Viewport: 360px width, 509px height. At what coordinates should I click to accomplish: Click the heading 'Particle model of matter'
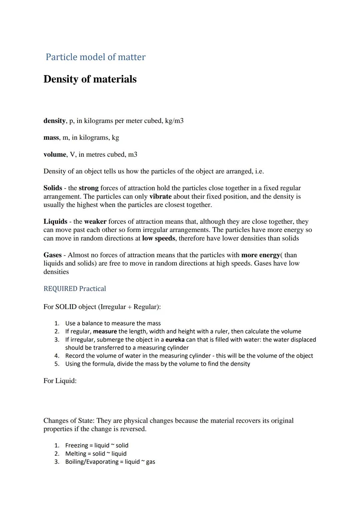point(95,57)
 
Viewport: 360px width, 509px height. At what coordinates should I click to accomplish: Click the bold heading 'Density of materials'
point(90,79)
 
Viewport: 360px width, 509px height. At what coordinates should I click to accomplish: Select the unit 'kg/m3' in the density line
point(174,121)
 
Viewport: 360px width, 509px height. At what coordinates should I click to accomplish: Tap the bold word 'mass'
point(51,137)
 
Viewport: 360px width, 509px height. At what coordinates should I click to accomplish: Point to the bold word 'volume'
point(55,154)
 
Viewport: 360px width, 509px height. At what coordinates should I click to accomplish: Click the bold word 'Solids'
point(53,188)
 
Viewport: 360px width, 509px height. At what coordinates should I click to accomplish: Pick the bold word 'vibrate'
point(160,196)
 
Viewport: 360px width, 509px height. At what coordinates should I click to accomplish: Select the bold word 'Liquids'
point(55,222)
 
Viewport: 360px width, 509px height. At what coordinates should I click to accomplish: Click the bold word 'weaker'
point(95,222)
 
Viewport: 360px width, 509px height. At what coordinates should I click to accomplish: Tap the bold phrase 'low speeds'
point(158,238)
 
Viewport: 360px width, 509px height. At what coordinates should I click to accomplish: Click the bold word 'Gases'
point(52,255)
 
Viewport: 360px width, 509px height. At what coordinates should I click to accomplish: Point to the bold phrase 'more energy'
point(260,255)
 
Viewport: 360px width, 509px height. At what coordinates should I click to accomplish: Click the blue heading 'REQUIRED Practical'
point(75,289)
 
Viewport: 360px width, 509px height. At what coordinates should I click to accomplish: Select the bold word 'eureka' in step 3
point(175,340)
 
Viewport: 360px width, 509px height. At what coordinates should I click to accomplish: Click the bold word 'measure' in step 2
point(105,331)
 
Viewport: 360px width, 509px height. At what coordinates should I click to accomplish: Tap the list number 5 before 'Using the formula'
point(57,364)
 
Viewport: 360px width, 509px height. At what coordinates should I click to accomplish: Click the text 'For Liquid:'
point(60,381)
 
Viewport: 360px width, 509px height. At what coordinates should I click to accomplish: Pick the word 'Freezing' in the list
point(76,445)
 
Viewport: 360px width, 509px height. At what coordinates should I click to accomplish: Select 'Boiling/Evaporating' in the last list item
point(92,462)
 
